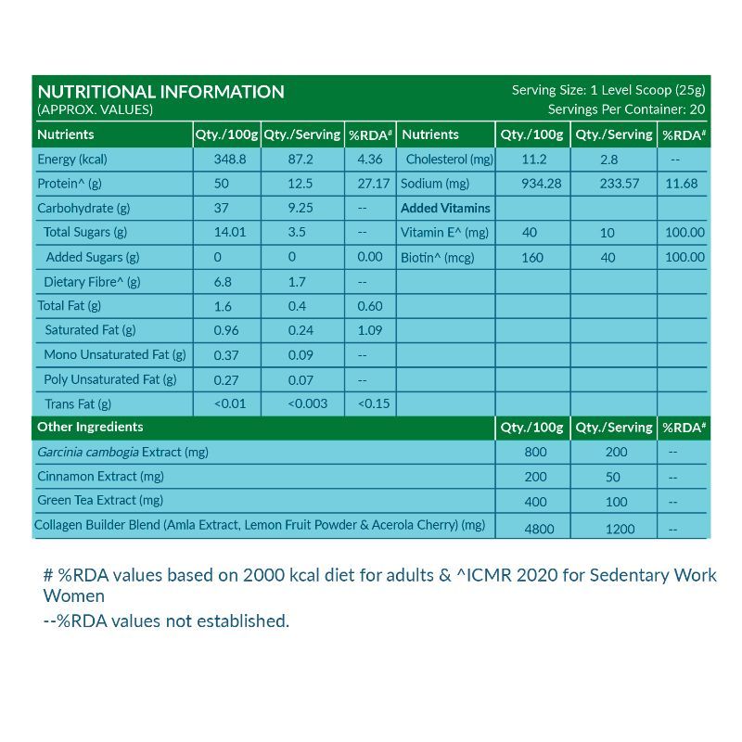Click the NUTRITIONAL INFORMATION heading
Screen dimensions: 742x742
click(160, 92)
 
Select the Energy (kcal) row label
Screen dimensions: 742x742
click(72, 160)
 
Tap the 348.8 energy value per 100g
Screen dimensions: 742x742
click(227, 160)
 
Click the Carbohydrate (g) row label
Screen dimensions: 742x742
click(83, 208)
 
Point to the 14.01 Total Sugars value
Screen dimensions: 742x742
click(229, 232)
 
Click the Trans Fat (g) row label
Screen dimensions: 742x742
click(78, 403)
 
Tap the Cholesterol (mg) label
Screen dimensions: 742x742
click(450, 160)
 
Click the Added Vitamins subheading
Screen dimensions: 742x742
click(445, 208)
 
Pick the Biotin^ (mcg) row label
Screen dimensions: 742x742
click(438, 257)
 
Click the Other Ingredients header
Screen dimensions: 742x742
click(90, 427)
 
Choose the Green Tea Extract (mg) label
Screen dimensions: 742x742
click(100, 500)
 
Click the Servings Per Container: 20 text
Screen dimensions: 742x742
click(627, 109)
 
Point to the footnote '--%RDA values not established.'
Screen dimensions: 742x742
click(167, 620)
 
